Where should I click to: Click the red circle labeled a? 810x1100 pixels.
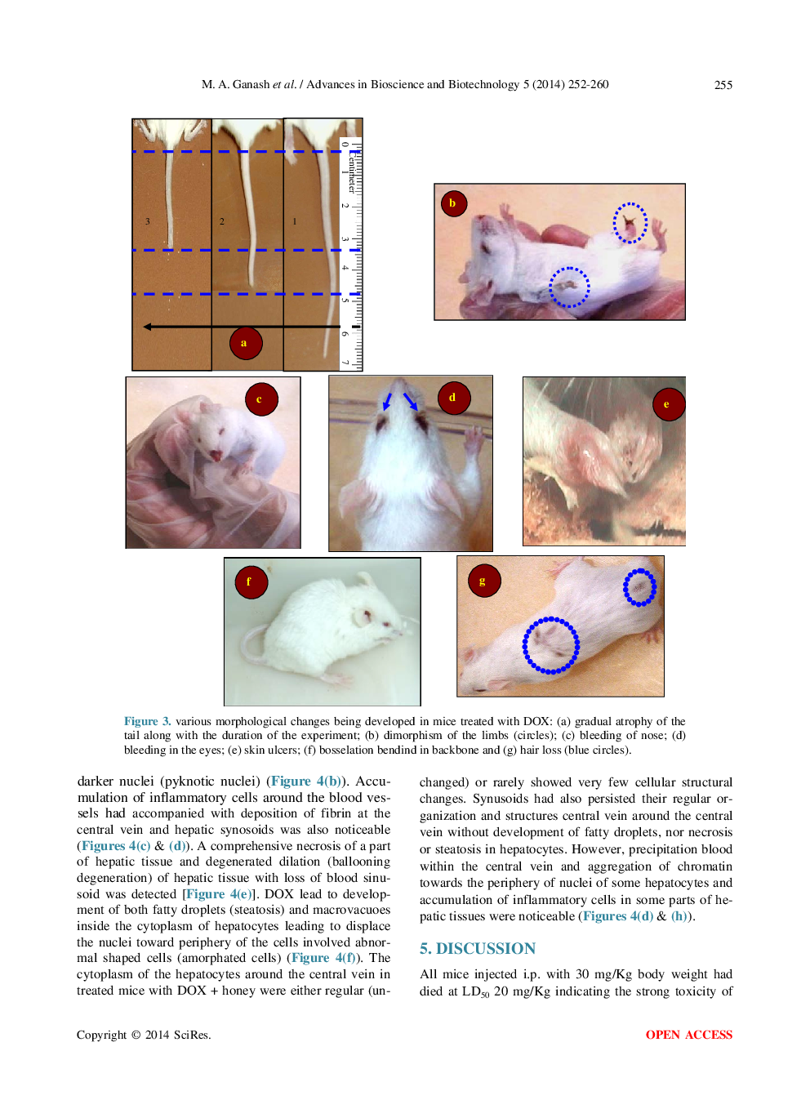246,343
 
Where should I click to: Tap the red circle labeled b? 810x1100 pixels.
453,203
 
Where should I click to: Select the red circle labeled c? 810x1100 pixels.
261,399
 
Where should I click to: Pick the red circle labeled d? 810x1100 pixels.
453,398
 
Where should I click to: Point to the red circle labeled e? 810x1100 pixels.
668,404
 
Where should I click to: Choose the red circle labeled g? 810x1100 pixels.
483,581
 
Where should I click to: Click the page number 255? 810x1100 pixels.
723,85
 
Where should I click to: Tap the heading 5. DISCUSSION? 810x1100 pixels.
477,948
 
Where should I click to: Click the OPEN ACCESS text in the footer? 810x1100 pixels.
688,1035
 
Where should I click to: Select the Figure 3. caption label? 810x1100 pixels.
147,721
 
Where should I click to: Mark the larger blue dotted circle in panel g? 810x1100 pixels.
551,645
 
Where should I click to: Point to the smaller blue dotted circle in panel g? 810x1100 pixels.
639,587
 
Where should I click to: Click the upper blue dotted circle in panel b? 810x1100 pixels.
630,223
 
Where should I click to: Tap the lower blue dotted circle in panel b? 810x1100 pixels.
568,287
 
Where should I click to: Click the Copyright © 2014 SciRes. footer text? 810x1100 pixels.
144,1035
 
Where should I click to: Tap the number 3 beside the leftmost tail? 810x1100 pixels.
148,221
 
